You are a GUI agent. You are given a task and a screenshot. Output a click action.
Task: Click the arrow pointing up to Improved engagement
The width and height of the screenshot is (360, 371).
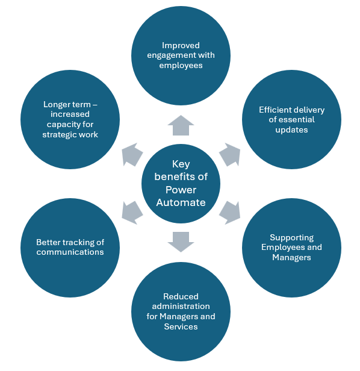coord(181,125)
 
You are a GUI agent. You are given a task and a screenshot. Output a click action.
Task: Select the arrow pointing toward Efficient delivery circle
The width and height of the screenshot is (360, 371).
coord(229,155)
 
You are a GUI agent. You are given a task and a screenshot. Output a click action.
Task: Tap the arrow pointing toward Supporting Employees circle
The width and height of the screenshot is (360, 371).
coord(229,211)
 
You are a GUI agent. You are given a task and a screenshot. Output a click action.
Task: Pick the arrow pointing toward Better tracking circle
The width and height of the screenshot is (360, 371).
coord(132,211)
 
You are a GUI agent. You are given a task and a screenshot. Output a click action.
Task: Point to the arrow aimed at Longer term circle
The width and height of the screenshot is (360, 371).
coord(132,155)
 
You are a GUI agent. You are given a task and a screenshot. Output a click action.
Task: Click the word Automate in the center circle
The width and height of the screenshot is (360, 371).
coord(181,202)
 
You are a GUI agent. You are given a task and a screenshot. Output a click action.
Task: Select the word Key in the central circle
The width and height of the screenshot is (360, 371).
coord(181,164)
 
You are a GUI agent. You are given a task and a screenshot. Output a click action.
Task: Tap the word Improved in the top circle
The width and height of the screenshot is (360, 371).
coord(181,45)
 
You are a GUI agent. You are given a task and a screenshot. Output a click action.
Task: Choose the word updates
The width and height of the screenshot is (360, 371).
coord(292,129)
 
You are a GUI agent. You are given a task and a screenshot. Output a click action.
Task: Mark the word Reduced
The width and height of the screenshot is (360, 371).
coord(181,296)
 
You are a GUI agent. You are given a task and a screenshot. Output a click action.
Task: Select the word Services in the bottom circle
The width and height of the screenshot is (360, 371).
coord(181,326)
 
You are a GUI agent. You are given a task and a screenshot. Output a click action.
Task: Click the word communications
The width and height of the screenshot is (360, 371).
coord(70,252)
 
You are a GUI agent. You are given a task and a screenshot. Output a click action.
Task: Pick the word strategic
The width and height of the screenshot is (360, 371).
coord(60,134)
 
